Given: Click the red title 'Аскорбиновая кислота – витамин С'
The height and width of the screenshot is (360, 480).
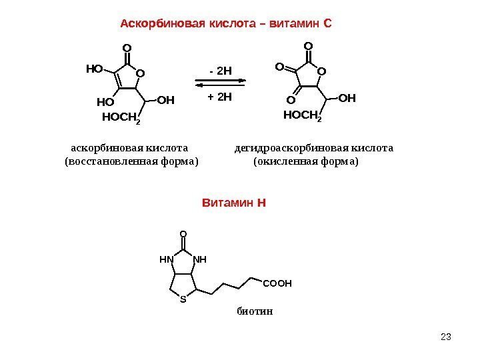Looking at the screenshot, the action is pos(226,25).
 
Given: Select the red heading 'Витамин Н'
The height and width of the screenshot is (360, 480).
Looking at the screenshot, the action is pos(233,201).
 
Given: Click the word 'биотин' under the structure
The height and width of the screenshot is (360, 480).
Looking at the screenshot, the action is pos(255,311).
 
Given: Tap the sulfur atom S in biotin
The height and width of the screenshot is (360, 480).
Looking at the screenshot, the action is pos(183,299).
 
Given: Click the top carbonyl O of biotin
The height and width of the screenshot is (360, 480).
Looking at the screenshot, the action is pos(183,235).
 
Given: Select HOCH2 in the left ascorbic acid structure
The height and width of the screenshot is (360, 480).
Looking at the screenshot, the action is pos(121,118).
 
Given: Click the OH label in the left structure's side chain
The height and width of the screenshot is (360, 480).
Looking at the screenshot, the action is pos(165,101).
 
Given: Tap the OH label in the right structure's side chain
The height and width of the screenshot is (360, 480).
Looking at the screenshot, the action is pos(347,99).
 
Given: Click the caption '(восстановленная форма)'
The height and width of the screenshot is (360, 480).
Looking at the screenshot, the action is pos(131,161).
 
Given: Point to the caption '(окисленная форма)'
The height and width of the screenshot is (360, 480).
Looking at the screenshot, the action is pos(307,161).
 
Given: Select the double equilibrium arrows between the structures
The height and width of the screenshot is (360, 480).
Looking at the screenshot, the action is pos(220,83).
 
